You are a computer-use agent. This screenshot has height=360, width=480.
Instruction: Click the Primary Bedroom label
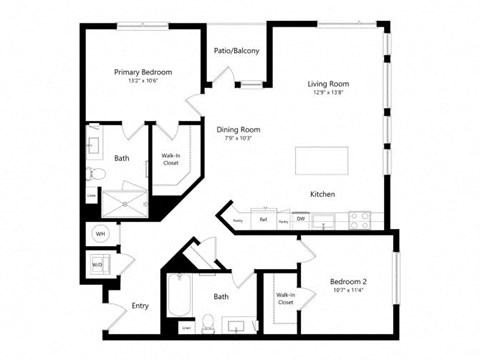tap(142, 72)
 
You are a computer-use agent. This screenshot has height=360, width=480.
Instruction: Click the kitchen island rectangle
tap(321, 160)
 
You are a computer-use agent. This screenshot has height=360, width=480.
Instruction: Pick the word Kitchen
tap(322, 194)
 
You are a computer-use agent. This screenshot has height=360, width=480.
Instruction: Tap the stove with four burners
tap(359, 217)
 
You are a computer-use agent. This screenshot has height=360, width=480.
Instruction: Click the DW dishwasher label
tap(300, 219)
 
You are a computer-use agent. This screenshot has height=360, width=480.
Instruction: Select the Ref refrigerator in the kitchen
tap(263, 219)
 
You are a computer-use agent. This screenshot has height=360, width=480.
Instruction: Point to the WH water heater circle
tap(101, 233)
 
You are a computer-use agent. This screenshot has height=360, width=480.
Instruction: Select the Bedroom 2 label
tap(349, 282)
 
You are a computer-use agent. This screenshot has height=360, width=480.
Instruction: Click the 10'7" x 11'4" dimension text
tap(349, 291)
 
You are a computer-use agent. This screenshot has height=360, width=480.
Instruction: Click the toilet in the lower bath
tap(209, 322)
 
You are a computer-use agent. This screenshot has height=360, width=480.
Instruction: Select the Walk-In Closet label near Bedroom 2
tap(285, 298)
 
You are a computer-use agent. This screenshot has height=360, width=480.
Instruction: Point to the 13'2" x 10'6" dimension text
tap(142, 81)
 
